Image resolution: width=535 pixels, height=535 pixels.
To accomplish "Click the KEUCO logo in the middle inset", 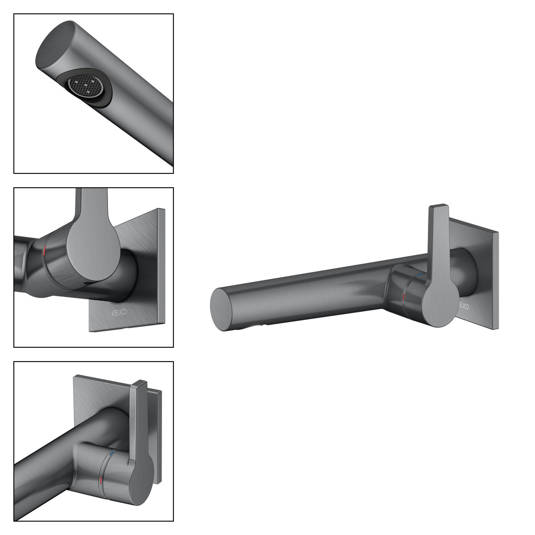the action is (119, 312).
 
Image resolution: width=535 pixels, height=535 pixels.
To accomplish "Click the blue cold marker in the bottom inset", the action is (111, 455).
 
